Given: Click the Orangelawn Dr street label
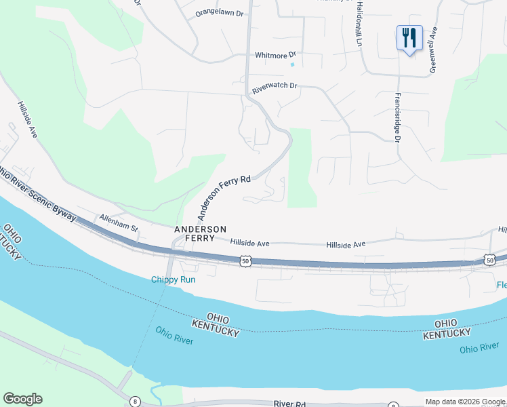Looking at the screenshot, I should [219, 13].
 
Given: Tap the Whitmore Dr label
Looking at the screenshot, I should [276, 55].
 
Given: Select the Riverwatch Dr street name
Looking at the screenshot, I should [275, 87].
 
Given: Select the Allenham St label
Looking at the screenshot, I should [118, 222].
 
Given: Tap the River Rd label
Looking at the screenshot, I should [291, 404].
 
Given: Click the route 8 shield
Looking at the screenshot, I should [136, 402].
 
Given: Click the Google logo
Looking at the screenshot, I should [22, 399].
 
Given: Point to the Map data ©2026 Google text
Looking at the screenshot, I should [466, 402].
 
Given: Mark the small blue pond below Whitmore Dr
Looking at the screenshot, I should [292, 65].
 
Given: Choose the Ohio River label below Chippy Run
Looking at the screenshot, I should [174, 335].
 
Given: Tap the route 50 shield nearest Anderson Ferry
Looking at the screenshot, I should [245, 260].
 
